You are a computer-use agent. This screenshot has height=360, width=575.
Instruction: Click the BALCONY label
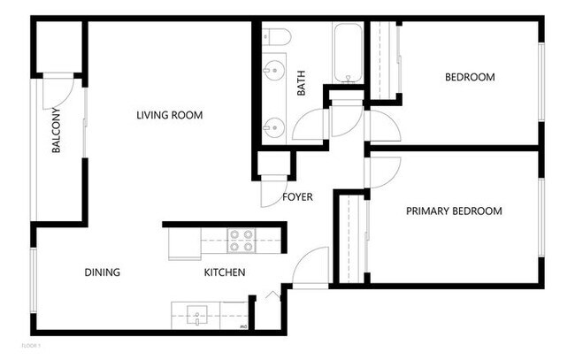tap(56, 131)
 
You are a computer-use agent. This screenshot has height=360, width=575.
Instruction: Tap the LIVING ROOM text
tap(170, 115)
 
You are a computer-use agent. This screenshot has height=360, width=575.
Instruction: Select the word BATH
tap(301, 83)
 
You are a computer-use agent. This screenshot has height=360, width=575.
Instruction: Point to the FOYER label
tap(297, 196)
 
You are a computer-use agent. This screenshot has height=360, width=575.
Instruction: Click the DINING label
tap(103, 272)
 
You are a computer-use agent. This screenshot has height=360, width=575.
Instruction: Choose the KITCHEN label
tap(225, 272)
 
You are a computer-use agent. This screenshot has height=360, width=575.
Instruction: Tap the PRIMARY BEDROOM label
tap(454, 211)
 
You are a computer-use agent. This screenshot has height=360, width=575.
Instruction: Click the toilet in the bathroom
tap(276, 37)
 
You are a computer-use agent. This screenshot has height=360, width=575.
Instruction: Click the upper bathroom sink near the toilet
tap(274, 68)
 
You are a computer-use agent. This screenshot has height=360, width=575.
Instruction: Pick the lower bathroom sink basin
tap(274, 126)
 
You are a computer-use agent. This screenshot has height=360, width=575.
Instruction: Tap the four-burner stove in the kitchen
tap(241, 241)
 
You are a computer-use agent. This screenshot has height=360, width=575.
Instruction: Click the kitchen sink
tap(195, 311)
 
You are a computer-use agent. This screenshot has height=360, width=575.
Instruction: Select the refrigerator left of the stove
tap(184, 243)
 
